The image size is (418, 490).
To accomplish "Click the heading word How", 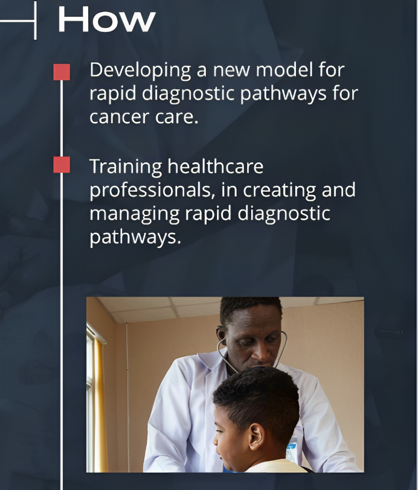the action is coord(107,19).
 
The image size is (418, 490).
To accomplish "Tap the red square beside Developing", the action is coord(62,72).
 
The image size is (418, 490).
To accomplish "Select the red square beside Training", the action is coord(62,164).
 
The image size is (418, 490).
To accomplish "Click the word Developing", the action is coord(140,71).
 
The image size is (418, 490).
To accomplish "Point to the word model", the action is coord(285,69).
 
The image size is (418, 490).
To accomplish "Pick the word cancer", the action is coord(119,117).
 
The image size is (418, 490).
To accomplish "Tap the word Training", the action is coord(126,167).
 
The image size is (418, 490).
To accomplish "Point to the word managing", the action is coord(135,215).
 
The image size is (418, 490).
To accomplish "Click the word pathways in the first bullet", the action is coord(283,94).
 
